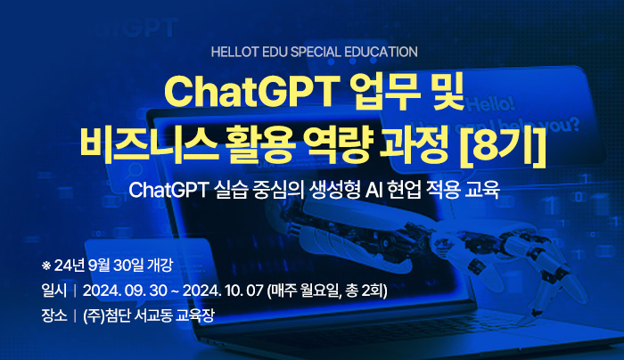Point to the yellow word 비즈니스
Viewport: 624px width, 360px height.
149,143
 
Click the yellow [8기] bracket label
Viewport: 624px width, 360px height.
502,144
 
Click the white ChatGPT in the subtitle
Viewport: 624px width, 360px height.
168,190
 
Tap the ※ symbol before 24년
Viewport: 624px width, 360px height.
46,266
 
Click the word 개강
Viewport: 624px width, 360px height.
160,266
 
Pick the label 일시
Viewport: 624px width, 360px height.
54,290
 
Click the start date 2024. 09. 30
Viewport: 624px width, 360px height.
125,290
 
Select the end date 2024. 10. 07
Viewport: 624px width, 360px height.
223,290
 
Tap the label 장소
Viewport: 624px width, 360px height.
54,315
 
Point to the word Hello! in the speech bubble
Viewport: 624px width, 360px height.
491,104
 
